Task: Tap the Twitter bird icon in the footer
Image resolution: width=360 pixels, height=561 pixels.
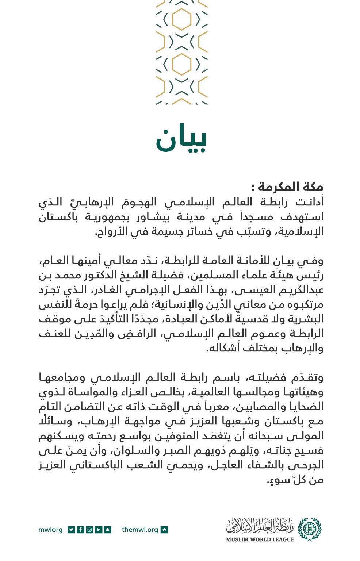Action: (x=71, y=529)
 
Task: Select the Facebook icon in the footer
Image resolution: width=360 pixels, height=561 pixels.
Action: (x=80, y=529)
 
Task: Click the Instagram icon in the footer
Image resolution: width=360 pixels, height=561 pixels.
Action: (x=89, y=529)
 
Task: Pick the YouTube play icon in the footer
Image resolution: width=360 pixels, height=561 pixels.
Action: (x=99, y=529)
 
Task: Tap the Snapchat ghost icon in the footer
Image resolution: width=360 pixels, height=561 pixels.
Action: (x=108, y=529)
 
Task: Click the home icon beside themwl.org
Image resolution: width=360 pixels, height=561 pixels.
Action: (x=164, y=529)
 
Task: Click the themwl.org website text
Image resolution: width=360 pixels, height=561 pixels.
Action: (x=140, y=529)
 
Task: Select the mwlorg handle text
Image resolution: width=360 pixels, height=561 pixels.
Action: (x=50, y=529)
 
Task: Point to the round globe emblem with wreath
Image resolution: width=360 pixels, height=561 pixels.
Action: (x=310, y=529)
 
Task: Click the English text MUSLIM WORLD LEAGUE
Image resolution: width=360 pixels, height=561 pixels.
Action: (x=260, y=539)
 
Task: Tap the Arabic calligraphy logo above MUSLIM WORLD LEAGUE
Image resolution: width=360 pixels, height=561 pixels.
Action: (x=260, y=526)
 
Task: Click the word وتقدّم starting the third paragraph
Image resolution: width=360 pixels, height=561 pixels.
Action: (x=306, y=377)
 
